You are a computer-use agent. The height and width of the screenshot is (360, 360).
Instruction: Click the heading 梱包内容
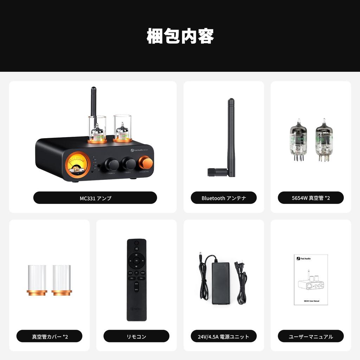coord(180,36)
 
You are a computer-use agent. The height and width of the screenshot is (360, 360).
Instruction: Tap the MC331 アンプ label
coord(95,198)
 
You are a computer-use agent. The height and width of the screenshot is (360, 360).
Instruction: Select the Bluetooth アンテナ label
coord(224,198)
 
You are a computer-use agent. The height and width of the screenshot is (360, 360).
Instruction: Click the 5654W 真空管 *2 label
coord(311,198)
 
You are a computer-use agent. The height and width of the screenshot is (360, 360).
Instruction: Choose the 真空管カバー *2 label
coord(50,336)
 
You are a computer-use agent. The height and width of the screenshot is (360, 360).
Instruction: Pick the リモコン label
coord(136,336)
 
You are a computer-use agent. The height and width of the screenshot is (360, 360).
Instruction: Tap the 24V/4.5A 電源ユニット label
coord(224,336)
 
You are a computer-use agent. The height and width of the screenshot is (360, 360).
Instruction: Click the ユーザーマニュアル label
coord(311,336)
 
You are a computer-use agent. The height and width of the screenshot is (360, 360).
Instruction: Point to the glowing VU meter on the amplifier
coord(78,164)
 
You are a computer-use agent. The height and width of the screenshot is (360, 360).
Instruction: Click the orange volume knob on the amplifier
coord(146,163)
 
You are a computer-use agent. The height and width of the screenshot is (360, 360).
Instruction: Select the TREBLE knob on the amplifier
coord(112,165)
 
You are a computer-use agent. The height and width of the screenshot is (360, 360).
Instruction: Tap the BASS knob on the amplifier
coord(129,164)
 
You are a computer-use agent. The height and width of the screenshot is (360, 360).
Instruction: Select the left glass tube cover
coord(37,280)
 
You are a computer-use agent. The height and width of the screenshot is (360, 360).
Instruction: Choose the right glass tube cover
coord(62,280)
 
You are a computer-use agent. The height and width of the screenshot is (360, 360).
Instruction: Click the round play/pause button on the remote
coord(136,261)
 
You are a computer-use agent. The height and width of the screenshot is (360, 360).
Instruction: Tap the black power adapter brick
coord(221,283)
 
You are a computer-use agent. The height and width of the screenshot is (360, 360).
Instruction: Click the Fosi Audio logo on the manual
coord(303,258)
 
